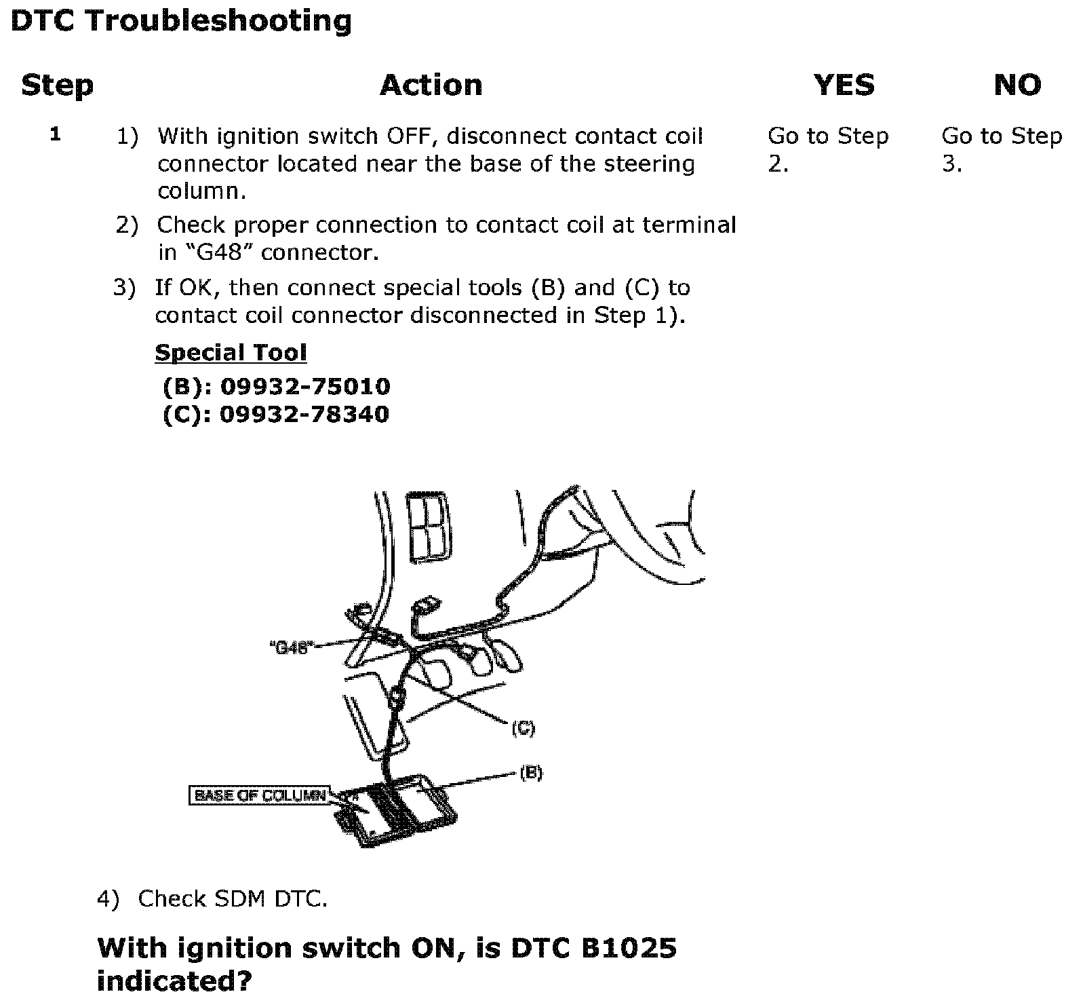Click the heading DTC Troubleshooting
pyautogui.click(x=181, y=20)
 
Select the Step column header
pyautogui.click(x=57, y=85)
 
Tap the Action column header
pyautogui.click(x=431, y=85)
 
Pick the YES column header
pyautogui.click(x=844, y=85)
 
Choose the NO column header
pyautogui.click(x=1017, y=85)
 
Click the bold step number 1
pyautogui.click(x=56, y=134)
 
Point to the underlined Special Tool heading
pyautogui.click(x=231, y=353)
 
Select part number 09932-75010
pyautogui.click(x=305, y=387)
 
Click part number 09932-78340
pyautogui.click(x=304, y=415)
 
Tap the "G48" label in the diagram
pyautogui.click(x=291, y=647)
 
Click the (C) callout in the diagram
pyautogui.click(x=523, y=729)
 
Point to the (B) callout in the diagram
pyautogui.click(x=531, y=773)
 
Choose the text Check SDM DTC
pyautogui.click(x=233, y=899)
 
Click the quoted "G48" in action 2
pyautogui.click(x=216, y=253)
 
